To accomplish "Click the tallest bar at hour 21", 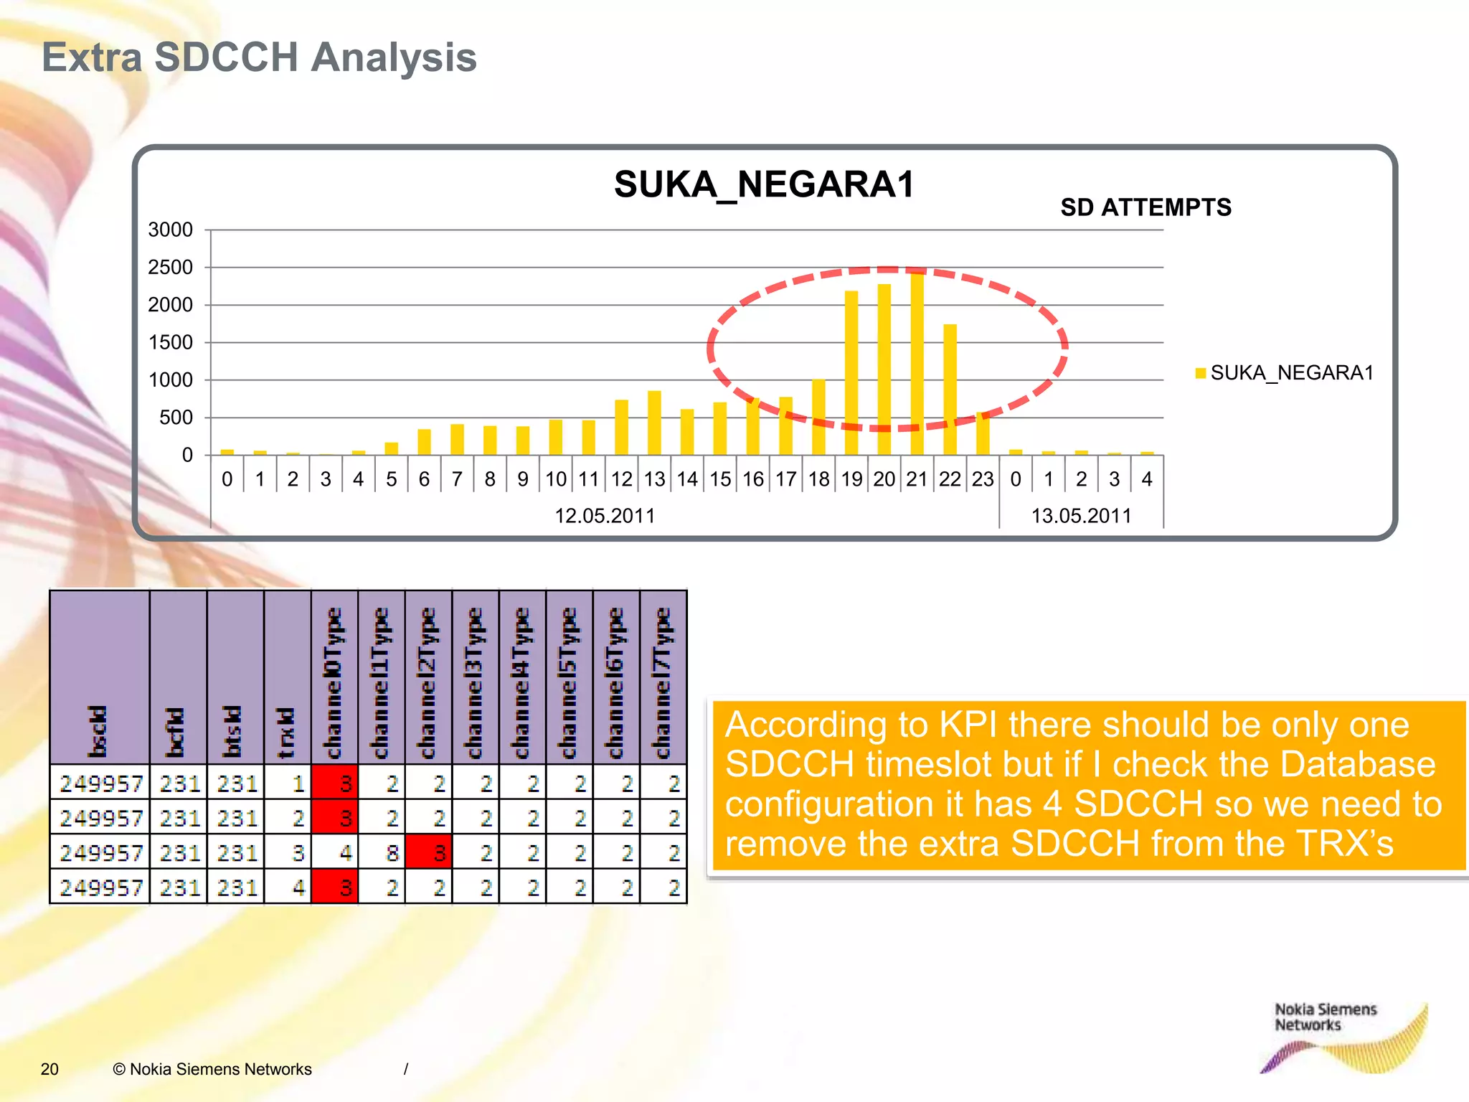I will (x=917, y=362).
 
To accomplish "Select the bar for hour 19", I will (x=851, y=373).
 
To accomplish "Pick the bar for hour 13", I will (x=654, y=423).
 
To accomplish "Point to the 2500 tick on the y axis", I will (x=170, y=268).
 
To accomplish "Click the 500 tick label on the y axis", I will (x=176, y=418).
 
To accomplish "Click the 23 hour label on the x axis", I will (x=983, y=479).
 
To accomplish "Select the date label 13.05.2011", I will (x=1081, y=516).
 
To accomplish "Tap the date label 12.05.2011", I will (x=605, y=516).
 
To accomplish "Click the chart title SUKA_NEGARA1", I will (x=764, y=184).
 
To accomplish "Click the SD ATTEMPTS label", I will (x=1146, y=207).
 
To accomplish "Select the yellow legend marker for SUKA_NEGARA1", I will (x=1200, y=373).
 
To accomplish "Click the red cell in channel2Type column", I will (x=429, y=852).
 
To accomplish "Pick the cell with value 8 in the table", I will (x=392, y=852).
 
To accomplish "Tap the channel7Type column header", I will (x=663, y=682).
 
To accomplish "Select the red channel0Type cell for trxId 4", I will (x=335, y=887).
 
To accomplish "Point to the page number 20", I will (x=49, y=1069).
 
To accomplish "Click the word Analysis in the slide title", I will (x=394, y=57).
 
